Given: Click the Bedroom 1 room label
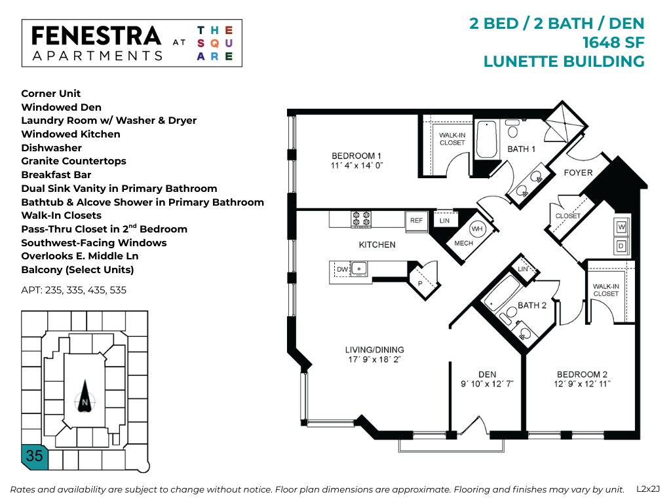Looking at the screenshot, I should tap(356, 155).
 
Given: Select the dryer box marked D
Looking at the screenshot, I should tap(621, 246).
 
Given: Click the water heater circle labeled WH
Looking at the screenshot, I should tap(478, 230).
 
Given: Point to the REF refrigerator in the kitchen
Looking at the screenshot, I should tap(416, 221).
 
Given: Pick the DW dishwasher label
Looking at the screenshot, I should tap(342, 269).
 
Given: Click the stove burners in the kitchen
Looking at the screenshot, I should tap(360, 219).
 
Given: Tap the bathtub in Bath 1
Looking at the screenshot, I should tap(487, 139).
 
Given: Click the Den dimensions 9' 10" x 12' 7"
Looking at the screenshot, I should tap(488, 384).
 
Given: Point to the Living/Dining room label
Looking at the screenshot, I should tap(375, 350).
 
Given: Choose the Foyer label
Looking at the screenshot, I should tap(578, 173).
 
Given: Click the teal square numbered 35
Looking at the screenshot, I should tap(35, 455).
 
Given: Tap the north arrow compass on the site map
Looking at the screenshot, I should tap(85, 397).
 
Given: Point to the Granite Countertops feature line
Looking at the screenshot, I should tap(73, 161).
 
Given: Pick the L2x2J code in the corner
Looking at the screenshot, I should tap(649, 489).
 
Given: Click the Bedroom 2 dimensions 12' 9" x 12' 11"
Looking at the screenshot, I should tap(577, 384).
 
